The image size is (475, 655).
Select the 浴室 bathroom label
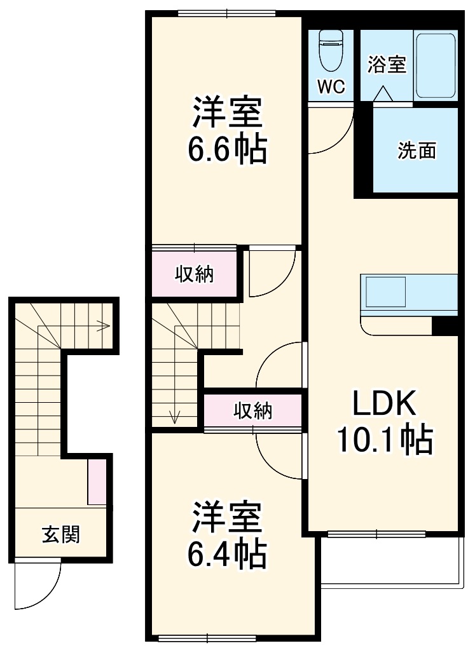[387, 64]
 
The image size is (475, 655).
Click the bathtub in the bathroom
[436, 65]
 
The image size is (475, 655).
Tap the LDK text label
[384, 403]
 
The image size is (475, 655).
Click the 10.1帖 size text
[384, 440]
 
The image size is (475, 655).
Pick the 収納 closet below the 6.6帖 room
[195, 274]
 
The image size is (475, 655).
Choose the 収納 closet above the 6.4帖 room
[252, 411]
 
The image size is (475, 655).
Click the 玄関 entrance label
[61, 534]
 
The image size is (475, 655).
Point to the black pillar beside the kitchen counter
[445, 325]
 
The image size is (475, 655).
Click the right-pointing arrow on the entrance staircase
[102, 327]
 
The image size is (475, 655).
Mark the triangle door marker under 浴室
[383, 94]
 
